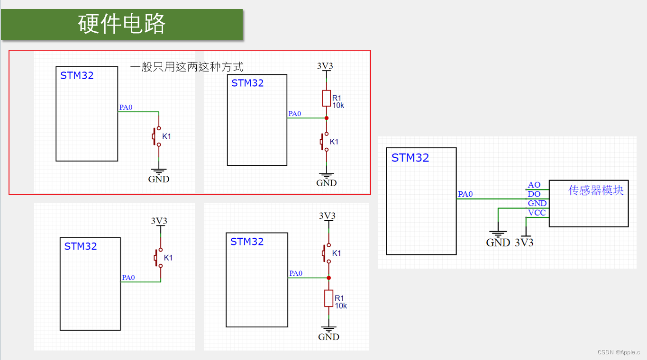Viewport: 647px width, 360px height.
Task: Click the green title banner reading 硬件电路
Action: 122,24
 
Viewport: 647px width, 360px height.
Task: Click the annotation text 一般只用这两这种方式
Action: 187,67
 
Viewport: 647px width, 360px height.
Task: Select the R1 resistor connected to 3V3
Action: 326,98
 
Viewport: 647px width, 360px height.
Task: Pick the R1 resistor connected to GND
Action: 329,298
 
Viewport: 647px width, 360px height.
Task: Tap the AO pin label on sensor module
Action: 534,185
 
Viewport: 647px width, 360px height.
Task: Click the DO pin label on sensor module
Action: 534,194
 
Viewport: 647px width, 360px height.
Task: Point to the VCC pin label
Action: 537,213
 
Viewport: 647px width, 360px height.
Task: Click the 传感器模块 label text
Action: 596,190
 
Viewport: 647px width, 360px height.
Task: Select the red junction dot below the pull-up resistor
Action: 327,117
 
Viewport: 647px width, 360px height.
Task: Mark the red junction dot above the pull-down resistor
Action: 328,278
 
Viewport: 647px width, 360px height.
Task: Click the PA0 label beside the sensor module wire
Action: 465,194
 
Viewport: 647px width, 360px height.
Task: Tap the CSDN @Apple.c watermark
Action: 619,352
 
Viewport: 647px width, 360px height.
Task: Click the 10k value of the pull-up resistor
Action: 338,105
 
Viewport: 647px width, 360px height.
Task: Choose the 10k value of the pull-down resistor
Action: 341,306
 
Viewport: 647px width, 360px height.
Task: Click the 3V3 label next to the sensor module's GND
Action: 524,243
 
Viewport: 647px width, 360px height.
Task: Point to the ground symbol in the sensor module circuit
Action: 498,234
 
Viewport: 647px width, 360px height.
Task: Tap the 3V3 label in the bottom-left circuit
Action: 159,221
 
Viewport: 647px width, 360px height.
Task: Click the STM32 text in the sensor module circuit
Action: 410,158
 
